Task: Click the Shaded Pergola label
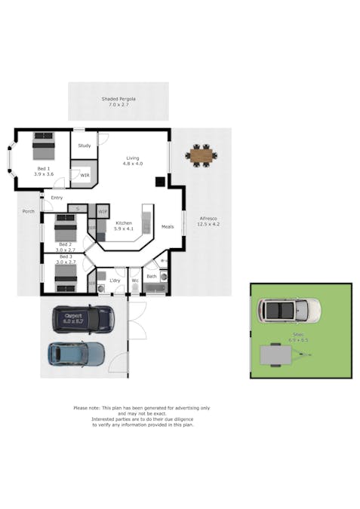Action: click(x=118, y=102)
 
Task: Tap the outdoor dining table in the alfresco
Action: click(x=202, y=156)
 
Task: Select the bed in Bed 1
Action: click(x=44, y=145)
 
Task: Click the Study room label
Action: click(x=84, y=146)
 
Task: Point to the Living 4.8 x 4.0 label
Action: click(x=133, y=161)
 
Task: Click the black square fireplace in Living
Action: click(x=160, y=181)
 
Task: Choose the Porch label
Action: click(x=29, y=212)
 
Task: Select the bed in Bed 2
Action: click(x=65, y=227)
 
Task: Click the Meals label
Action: click(x=168, y=226)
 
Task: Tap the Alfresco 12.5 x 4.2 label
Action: click(x=208, y=221)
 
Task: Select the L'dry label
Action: click(x=115, y=281)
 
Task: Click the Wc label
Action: click(x=135, y=281)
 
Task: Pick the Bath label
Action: click(x=151, y=276)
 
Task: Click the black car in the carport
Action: click(x=83, y=318)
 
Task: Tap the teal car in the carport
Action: click(x=77, y=352)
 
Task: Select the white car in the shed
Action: click(x=288, y=309)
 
